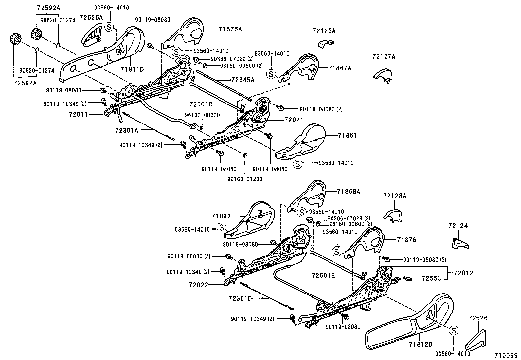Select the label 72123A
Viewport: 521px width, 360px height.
[324, 31]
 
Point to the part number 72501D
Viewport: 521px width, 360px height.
[201, 104]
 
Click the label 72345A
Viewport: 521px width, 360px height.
[243, 80]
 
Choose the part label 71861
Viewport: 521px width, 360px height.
[347, 135]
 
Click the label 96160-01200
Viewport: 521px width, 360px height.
[245, 179]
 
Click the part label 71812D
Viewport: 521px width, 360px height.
[420, 344]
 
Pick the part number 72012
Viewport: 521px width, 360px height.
[463, 273]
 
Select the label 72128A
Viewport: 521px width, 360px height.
[395, 196]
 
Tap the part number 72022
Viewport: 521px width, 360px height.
[198, 285]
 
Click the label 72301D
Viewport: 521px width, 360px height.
[240, 298]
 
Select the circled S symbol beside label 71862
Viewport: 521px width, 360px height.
[222, 227]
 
